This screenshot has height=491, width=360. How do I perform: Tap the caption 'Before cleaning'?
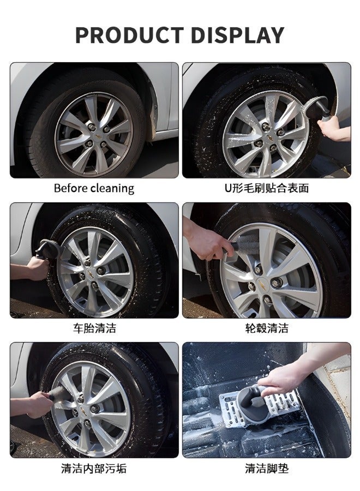click(94, 188)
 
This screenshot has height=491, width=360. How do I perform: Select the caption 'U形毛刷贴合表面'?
click(267, 188)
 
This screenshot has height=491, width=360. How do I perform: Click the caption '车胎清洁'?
click(94, 328)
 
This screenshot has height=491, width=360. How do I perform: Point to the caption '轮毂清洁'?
click(267, 328)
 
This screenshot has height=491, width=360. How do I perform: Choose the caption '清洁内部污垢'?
click(94, 469)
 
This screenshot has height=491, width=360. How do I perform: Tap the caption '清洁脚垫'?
click(267, 469)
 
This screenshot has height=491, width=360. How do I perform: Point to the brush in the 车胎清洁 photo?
click(46, 252)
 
